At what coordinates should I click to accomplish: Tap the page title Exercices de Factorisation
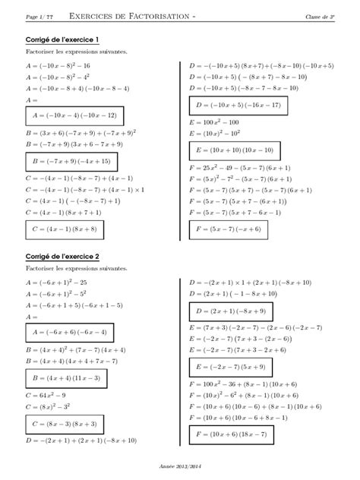pyautogui.click(x=137, y=16)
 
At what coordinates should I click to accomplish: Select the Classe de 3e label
pyautogui.click(x=323, y=16)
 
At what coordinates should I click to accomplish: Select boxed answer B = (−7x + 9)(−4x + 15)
pyautogui.click(x=68, y=162)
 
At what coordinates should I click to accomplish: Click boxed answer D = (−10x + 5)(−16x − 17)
pyautogui.click(x=238, y=105)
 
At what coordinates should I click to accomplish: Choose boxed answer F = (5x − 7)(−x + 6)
pyautogui.click(x=228, y=228)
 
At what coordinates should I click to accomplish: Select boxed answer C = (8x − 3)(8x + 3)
pyautogui.click(x=63, y=424)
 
